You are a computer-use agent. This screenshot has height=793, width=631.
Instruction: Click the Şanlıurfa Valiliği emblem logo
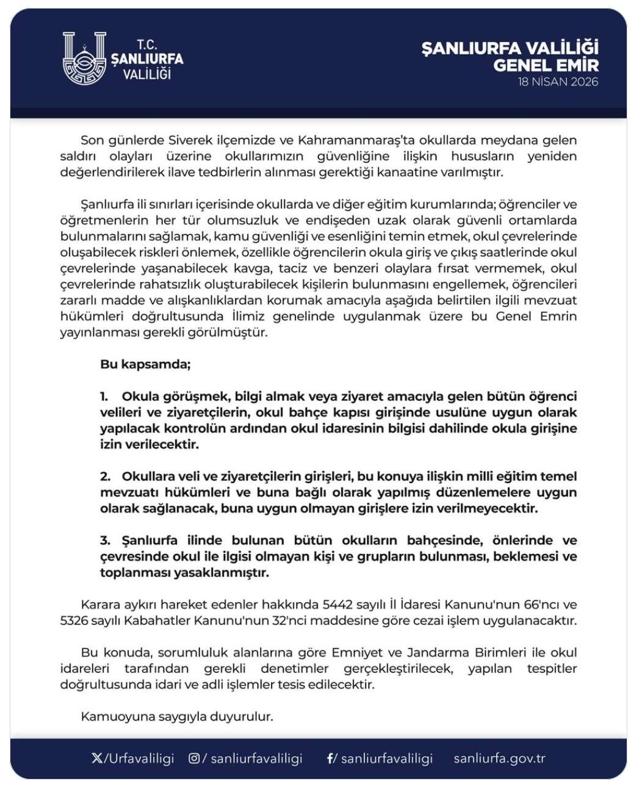84,59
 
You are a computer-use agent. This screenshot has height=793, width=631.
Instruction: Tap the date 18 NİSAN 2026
558,82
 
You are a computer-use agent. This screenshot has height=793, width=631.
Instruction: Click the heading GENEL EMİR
546,65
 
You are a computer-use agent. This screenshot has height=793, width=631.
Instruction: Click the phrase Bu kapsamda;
145,365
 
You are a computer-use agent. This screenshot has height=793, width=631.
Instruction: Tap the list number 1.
104,396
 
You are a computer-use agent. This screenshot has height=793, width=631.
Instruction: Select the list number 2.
105,476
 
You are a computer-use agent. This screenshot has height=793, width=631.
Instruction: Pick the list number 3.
105,540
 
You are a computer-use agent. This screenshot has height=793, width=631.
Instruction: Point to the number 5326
75,621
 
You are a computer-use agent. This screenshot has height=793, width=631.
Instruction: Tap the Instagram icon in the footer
194,759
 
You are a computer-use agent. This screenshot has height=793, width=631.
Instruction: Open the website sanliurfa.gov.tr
499,759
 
